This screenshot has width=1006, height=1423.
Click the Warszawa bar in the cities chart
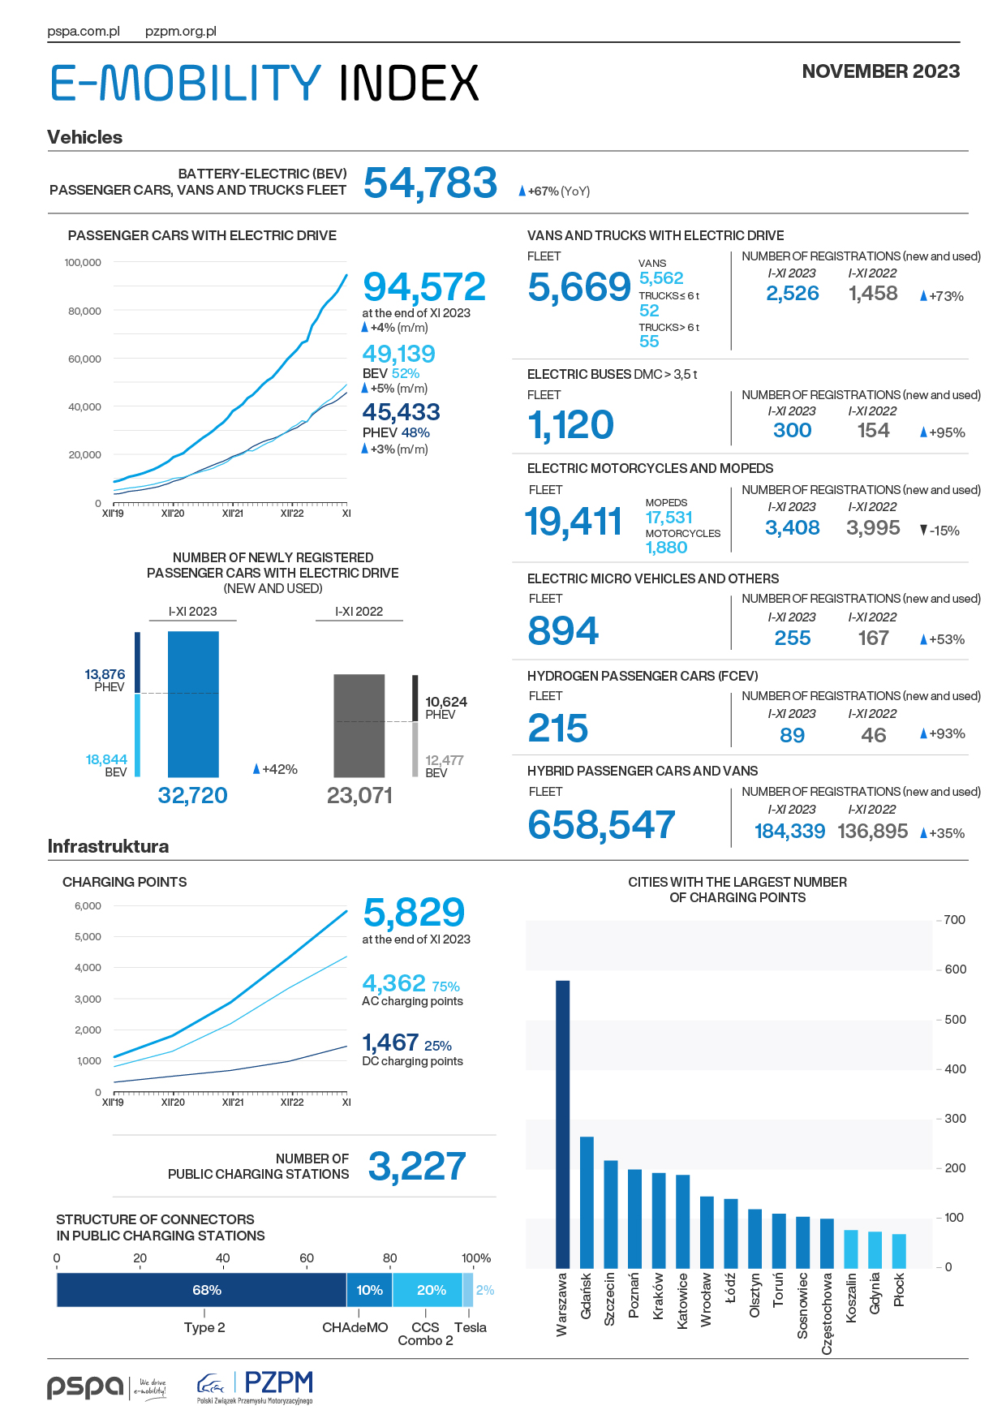[562, 1124]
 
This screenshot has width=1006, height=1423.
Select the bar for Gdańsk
[587, 1202]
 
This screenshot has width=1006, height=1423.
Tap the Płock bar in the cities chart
[899, 1251]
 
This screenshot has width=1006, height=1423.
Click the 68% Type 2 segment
[202, 1290]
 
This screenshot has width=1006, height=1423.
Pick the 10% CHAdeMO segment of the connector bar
[370, 1290]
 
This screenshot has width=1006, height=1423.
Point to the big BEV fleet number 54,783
[430, 183]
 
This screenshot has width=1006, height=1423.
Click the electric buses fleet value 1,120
[570, 425]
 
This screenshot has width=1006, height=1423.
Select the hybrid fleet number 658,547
[601, 825]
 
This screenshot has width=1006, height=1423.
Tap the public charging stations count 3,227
[417, 1167]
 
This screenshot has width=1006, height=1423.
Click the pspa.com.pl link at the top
[84, 32]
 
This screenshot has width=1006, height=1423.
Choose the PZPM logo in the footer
[255, 1386]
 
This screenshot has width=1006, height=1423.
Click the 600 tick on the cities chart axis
[955, 969]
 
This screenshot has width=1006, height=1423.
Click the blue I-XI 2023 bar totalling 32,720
[193, 704]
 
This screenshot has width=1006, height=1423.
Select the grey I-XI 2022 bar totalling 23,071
[359, 726]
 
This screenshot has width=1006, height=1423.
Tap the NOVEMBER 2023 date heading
[881, 71]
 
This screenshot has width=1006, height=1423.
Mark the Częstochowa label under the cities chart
[827, 1313]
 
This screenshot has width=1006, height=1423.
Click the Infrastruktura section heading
[108, 846]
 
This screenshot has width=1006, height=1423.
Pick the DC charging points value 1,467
[390, 1043]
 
